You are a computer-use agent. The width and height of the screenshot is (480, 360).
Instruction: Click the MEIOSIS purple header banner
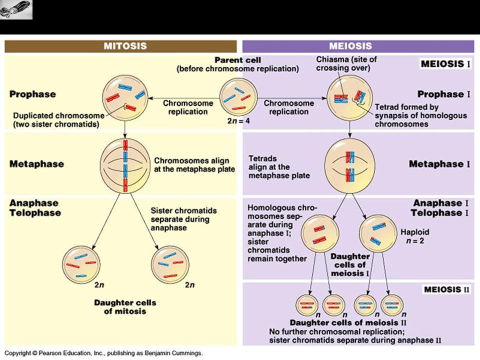[x=358, y=46]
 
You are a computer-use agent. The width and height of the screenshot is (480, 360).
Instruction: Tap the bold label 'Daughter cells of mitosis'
[x=125, y=307]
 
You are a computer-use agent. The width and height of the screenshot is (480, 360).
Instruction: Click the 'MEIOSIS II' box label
[x=446, y=289]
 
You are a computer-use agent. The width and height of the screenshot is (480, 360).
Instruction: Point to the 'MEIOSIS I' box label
[x=445, y=64]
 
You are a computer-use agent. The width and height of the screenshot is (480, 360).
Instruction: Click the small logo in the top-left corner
[x=16, y=9]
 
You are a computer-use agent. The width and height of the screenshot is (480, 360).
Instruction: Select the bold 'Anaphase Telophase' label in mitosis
[x=35, y=208]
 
